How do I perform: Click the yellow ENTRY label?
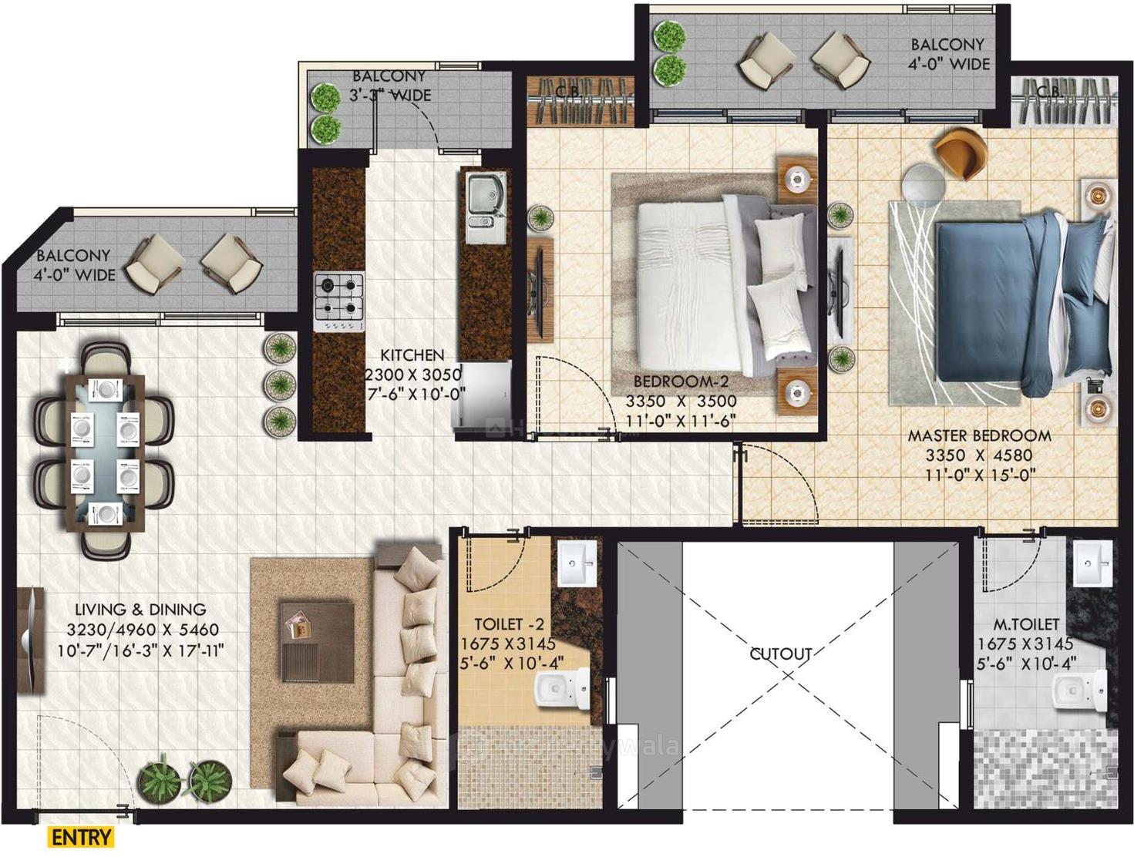(82, 837)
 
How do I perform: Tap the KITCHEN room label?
(412, 355)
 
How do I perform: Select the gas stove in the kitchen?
(338, 302)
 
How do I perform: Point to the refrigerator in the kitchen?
(481, 394)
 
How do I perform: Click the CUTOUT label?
(781, 654)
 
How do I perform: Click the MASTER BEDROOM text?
(979, 435)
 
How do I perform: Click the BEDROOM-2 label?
(681, 381)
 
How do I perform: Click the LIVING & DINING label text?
(136, 610)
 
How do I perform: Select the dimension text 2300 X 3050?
(412, 375)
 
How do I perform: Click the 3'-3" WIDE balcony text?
(390, 96)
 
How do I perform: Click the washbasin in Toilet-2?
(576, 565)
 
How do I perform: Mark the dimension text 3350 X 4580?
(979, 455)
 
